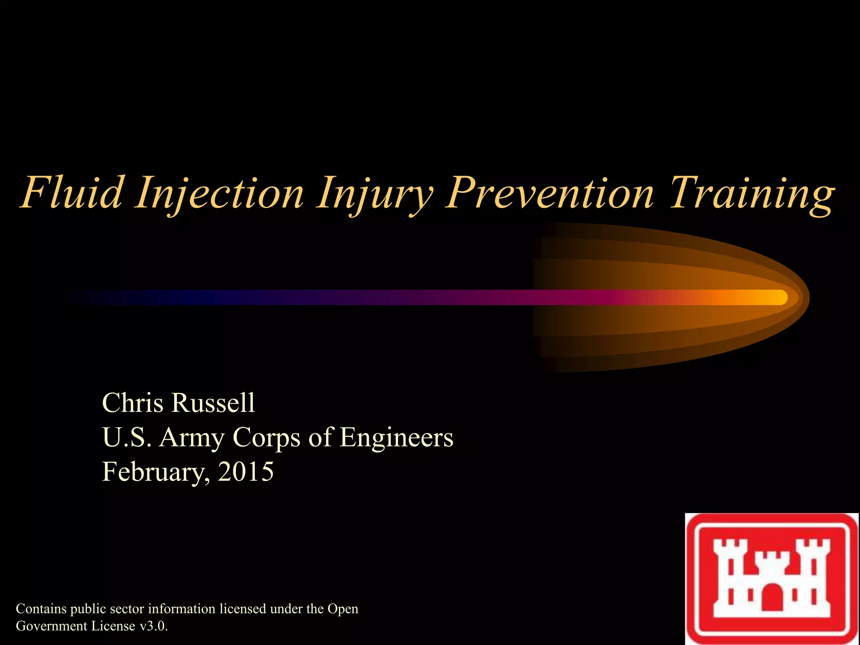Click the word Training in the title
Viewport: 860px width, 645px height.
click(x=752, y=193)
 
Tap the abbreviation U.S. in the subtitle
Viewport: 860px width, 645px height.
click(x=126, y=438)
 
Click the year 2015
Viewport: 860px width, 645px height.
click(x=246, y=471)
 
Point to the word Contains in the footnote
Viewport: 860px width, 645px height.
click(x=41, y=609)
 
